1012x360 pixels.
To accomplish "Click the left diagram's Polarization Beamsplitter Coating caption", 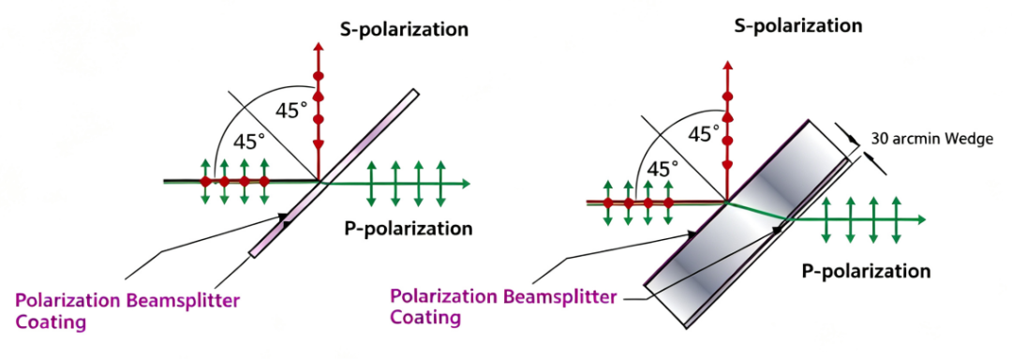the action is coord(127,311).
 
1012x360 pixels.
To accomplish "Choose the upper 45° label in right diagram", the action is coord(703,133).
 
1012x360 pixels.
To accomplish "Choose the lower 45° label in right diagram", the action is coord(663,169).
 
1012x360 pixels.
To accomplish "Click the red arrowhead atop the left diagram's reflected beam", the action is coord(318,47).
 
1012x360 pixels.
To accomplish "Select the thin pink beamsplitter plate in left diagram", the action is coord(334,173).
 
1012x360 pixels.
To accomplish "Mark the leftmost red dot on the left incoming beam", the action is coord(205,182).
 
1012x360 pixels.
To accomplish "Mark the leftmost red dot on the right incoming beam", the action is coord(608,203).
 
